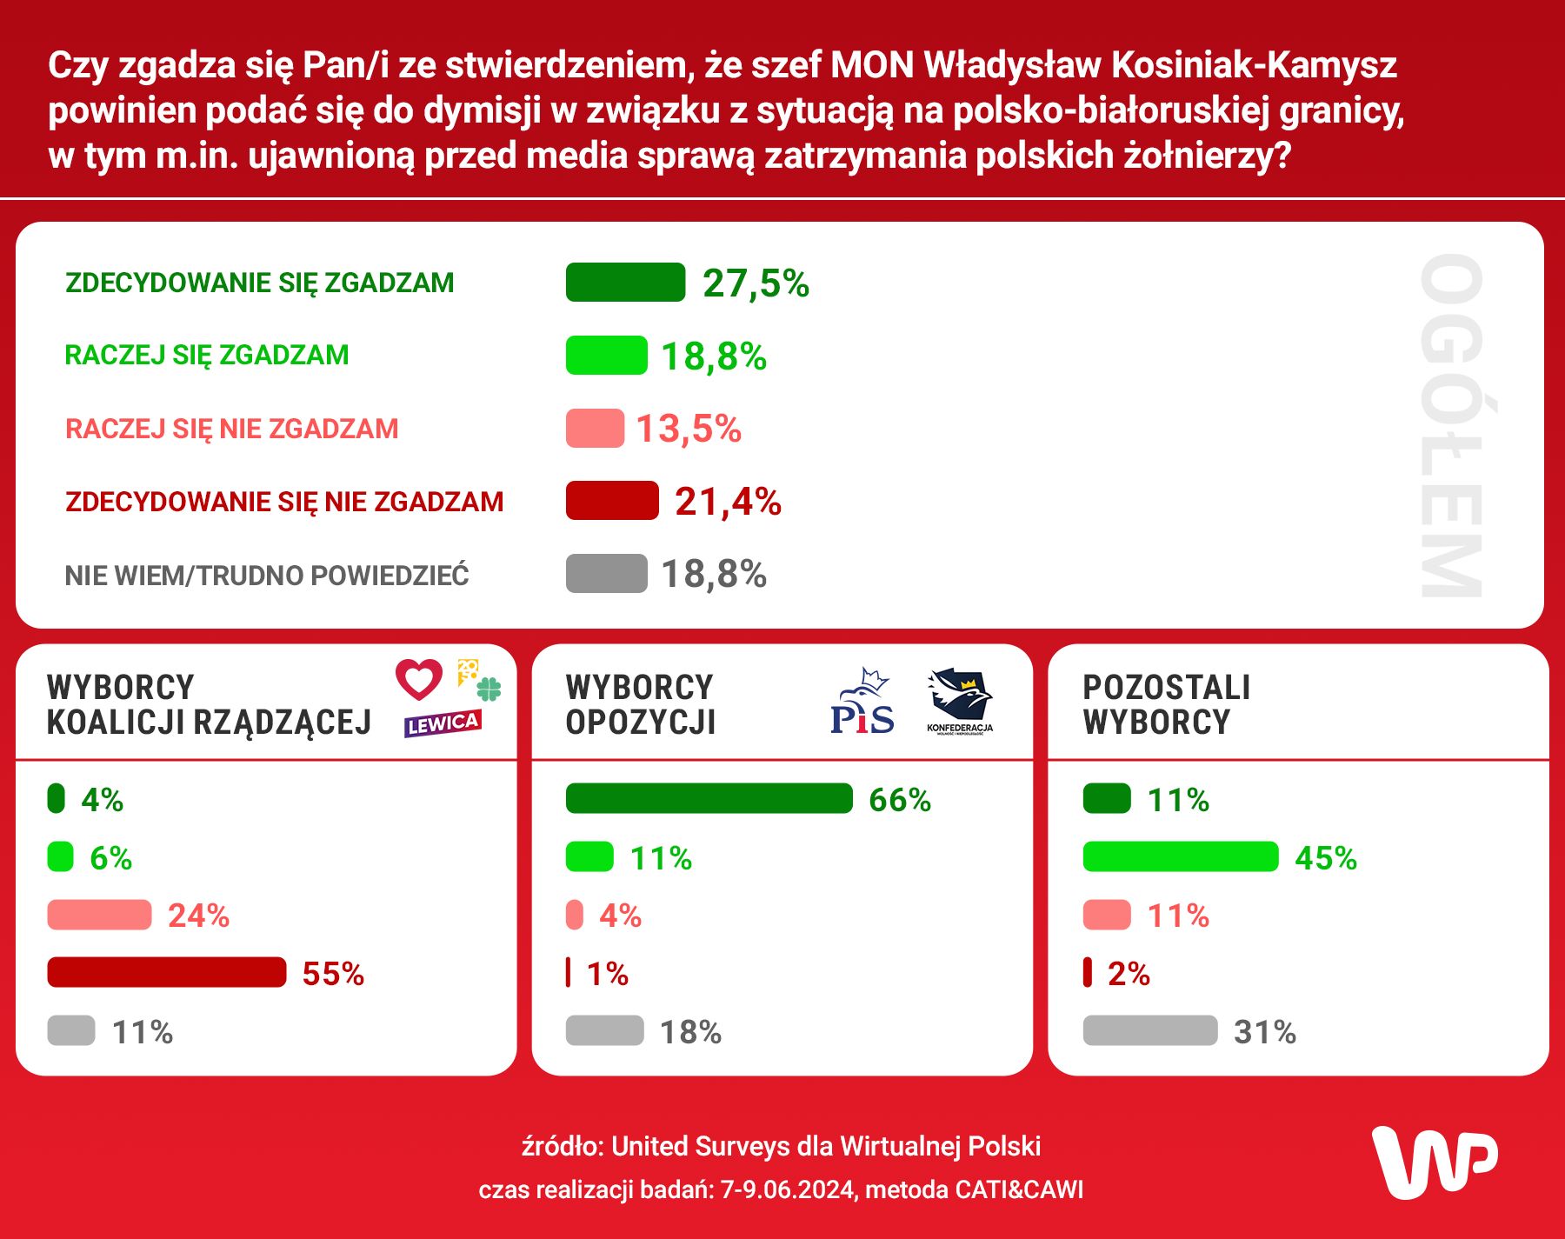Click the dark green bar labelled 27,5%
625,283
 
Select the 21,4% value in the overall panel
728,502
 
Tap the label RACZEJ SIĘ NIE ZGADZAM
231,429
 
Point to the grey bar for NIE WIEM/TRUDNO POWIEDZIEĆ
606,574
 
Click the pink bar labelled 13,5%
595,429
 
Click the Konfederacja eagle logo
960,696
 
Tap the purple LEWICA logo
443,723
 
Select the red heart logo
419,679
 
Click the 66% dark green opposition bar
709,799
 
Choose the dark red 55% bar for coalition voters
166,973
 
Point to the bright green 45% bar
1180,857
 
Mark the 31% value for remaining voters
1264,1032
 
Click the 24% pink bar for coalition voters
99,916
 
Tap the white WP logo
1435,1162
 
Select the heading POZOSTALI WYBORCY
1166,704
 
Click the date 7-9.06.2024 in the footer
788,1189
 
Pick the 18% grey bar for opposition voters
604,1031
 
